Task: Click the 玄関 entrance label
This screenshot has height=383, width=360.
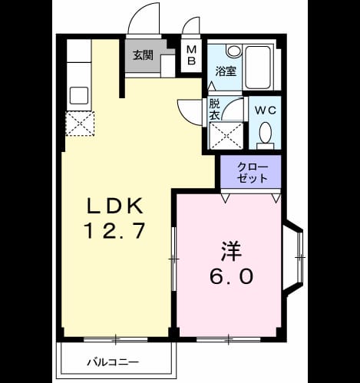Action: click(x=143, y=55)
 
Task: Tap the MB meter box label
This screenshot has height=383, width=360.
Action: click(x=191, y=55)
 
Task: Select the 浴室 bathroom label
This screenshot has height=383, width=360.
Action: click(x=226, y=71)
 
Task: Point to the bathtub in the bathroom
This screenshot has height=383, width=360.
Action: click(x=258, y=68)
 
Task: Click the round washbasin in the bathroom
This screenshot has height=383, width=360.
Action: click(x=234, y=51)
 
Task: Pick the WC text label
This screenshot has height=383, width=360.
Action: click(x=266, y=111)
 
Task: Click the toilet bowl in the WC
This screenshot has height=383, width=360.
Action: click(x=266, y=132)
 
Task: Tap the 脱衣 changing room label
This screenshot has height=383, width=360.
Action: click(x=214, y=110)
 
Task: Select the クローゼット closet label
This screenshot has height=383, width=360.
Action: click(x=253, y=173)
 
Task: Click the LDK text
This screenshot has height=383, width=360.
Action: click(x=115, y=206)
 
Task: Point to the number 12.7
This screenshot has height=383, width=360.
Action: click(x=115, y=230)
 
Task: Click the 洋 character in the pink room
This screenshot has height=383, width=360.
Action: click(x=232, y=251)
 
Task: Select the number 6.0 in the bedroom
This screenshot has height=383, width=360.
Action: click(x=232, y=276)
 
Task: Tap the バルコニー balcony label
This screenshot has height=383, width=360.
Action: click(x=113, y=362)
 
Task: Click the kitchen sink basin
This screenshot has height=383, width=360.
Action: click(x=79, y=95)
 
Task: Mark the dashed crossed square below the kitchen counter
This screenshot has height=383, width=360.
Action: click(x=80, y=124)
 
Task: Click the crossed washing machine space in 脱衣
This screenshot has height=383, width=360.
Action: click(x=226, y=136)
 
